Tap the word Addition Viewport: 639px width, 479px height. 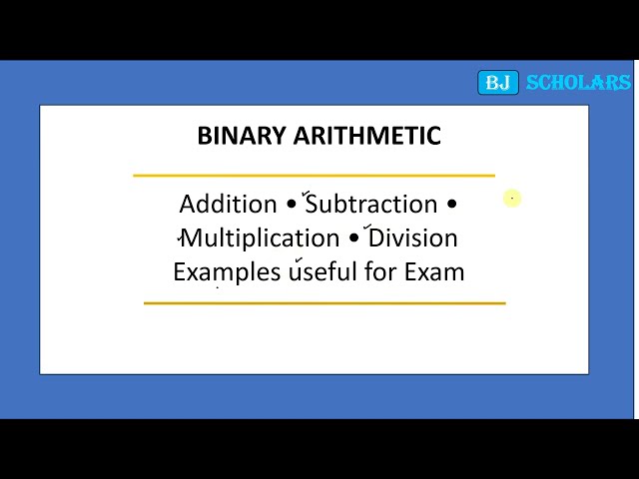pos(228,205)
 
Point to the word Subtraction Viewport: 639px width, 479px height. pos(371,205)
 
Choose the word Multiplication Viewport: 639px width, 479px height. pos(261,239)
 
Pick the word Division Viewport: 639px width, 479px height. pos(413,239)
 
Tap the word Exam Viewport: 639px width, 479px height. pos(434,271)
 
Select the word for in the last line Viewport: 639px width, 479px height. pos(380,271)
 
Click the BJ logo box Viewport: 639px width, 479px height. pos(497,83)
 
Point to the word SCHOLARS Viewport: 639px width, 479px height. pos(578,83)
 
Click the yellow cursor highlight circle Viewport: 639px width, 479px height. pos(512,199)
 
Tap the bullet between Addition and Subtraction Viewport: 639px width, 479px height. pos(292,206)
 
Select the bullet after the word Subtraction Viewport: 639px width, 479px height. pos(451,206)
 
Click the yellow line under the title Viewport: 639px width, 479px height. pos(314,176)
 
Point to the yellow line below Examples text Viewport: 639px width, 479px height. pos(324,302)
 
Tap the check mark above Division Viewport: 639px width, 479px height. pos(368,227)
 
